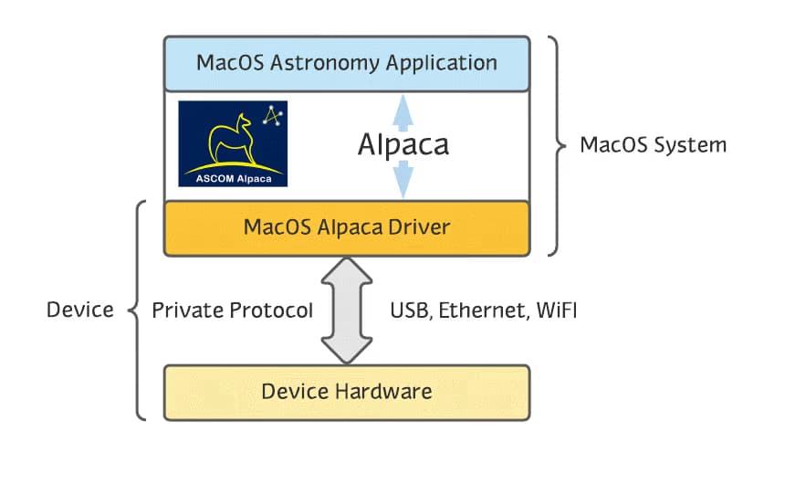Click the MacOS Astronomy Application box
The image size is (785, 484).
[x=346, y=64]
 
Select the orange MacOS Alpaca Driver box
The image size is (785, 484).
[x=346, y=227]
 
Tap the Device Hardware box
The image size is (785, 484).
[x=346, y=392]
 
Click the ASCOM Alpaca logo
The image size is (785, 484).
[x=233, y=143]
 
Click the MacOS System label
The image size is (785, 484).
[x=653, y=145]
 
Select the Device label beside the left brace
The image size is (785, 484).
[x=79, y=310]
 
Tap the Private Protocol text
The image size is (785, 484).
[x=232, y=310]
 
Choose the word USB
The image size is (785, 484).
[x=409, y=310]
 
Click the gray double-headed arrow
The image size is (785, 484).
[x=347, y=310]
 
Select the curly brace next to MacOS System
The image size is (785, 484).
[x=555, y=145]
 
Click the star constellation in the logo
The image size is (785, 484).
[x=272, y=116]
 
